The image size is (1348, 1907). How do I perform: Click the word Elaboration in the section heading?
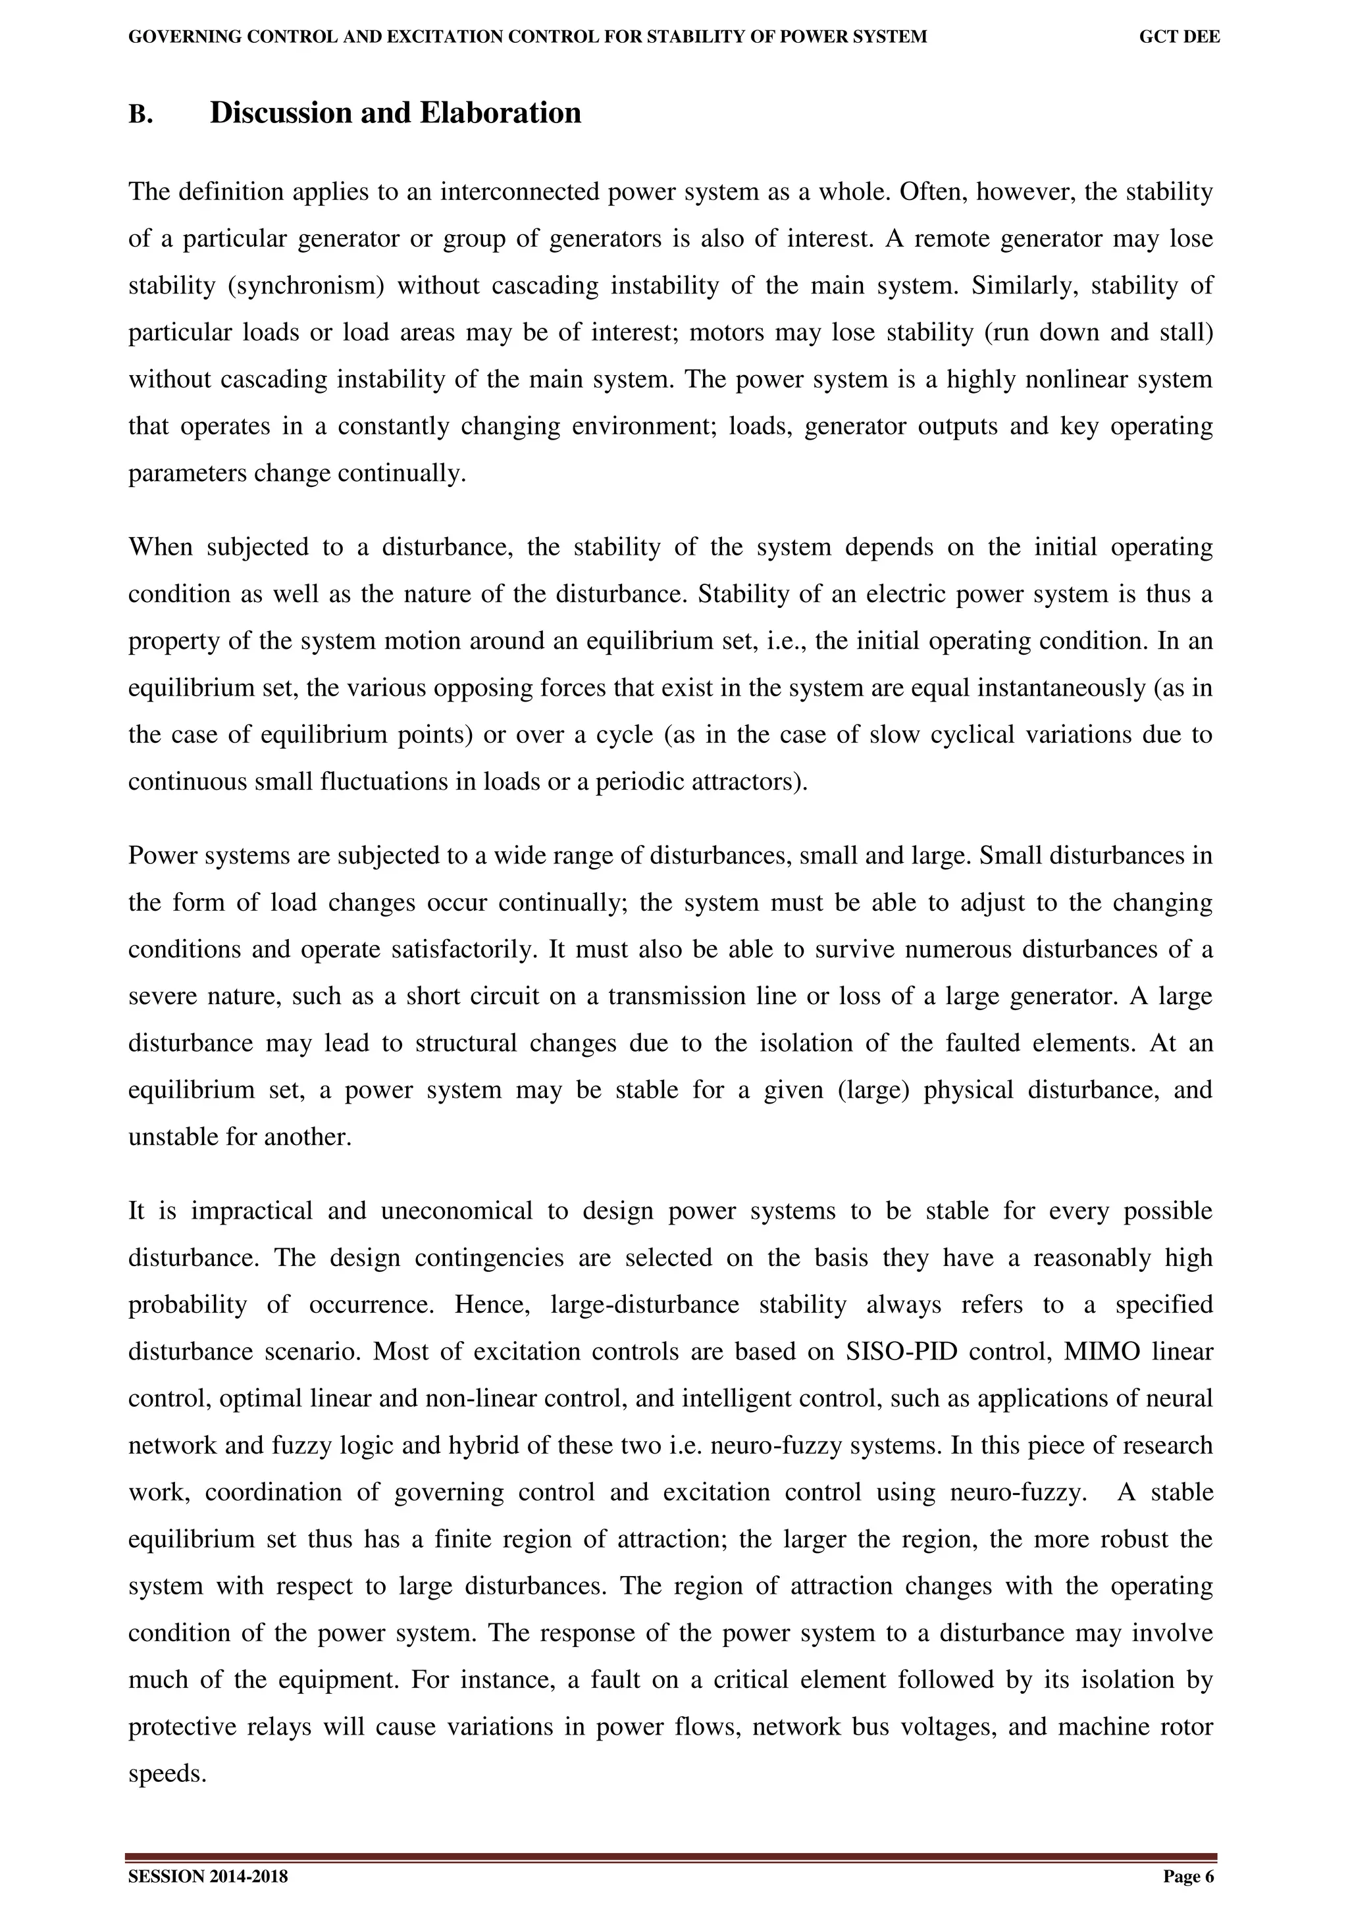pyautogui.click(x=500, y=113)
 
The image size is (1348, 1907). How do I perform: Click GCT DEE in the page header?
pyautogui.click(x=1179, y=38)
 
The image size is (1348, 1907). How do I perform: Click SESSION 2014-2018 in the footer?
pyautogui.click(x=207, y=1876)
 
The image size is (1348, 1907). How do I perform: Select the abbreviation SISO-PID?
pyautogui.click(x=901, y=1352)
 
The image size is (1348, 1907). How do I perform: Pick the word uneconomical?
pyautogui.click(x=456, y=1211)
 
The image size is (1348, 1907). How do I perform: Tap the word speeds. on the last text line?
pyautogui.click(x=167, y=1774)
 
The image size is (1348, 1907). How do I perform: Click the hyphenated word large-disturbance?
pyautogui.click(x=644, y=1305)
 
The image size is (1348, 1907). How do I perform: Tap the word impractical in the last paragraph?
pyautogui.click(x=251, y=1211)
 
